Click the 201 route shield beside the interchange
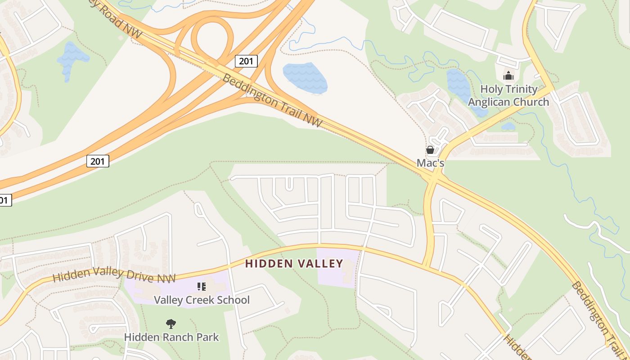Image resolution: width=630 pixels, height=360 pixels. click(246, 61)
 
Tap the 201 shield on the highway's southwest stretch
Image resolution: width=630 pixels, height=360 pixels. click(98, 161)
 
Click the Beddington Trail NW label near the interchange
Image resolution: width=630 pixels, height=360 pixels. click(273, 100)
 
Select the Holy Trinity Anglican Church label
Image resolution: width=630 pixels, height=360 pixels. click(508, 95)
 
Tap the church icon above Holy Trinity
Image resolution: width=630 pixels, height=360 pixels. click(508, 75)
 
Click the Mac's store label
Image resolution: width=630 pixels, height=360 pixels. click(430, 163)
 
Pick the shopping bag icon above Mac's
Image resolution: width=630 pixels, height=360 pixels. click(430, 150)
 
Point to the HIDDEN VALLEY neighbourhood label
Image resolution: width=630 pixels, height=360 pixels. click(294, 264)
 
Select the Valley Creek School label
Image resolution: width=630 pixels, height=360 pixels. click(202, 300)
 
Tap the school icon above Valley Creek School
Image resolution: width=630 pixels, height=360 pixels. click(202, 287)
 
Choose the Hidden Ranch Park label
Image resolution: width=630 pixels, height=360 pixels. click(171, 337)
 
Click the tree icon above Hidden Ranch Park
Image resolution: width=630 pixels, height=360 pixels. click(171, 324)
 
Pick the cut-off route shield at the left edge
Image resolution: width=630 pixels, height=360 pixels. click(4, 200)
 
